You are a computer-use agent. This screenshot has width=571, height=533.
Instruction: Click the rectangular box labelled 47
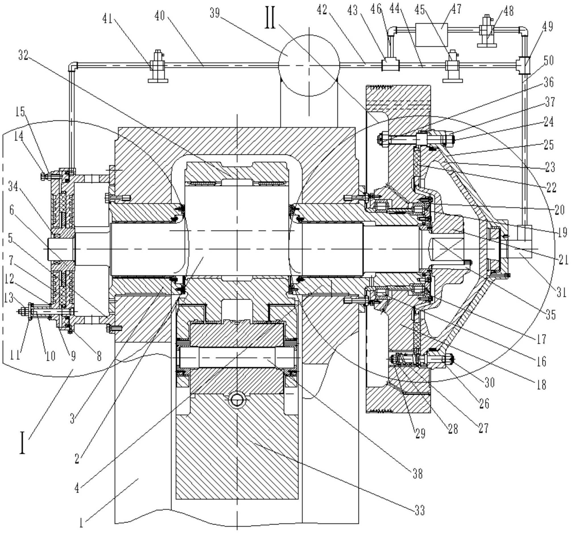tap(430, 35)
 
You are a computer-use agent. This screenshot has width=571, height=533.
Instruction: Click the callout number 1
tap(81, 524)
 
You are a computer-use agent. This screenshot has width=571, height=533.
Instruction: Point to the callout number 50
tap(548, 60)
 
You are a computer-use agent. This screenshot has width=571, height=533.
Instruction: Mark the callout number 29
tap(420, 433)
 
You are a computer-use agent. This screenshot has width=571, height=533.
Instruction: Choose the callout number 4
tap(77, 488)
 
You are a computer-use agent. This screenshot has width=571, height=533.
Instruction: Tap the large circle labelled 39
tap(309, 66)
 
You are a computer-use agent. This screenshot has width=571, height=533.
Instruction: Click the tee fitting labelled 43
tap(390, 64)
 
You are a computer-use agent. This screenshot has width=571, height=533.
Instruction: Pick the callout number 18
tap(541, 384)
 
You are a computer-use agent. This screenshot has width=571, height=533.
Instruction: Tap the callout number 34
tap(13, 187)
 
